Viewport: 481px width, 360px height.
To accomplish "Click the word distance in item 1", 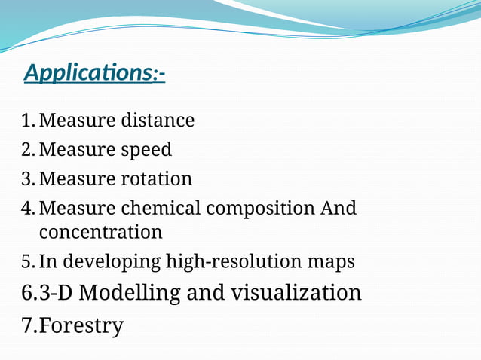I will tap(158, 121).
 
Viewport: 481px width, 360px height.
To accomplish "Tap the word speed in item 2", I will tap(146, 150).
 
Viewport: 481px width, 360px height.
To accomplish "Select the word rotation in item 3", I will tap(157, 179).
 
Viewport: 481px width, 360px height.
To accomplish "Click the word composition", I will tap(258, 208).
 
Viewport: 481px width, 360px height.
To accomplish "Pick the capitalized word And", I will tap(339, 208).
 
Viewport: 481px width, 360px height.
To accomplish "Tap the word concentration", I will tap(100, 232).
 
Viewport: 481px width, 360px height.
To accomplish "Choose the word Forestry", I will tap(81, 325).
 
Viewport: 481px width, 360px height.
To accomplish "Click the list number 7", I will tap(28, 325).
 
